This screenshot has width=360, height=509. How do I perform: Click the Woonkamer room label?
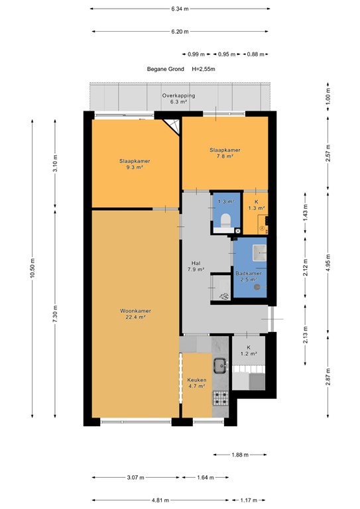coord(135,310)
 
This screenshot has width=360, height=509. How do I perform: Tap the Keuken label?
coord(196,380)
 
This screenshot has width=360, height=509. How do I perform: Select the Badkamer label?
coord(249,273)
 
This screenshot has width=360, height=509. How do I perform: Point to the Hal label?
coord(195,262)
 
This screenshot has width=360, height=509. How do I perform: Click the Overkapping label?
coord(178,96)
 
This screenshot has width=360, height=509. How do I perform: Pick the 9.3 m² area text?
coord(135,168)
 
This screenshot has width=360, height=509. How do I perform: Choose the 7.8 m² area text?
coord(225,157)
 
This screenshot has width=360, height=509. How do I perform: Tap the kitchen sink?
coord(220,363)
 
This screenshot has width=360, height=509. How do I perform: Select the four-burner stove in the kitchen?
coord(220,398)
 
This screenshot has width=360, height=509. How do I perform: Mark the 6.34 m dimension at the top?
coord(180,9)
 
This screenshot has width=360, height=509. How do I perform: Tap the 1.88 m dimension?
coord(241,455)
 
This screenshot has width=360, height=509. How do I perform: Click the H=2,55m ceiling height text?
coord(204,69)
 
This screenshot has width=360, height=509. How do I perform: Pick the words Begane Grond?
coord(166,69)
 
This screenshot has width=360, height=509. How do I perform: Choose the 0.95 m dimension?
coord(227,54)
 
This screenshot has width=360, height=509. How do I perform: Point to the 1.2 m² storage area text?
coord(249,354)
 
